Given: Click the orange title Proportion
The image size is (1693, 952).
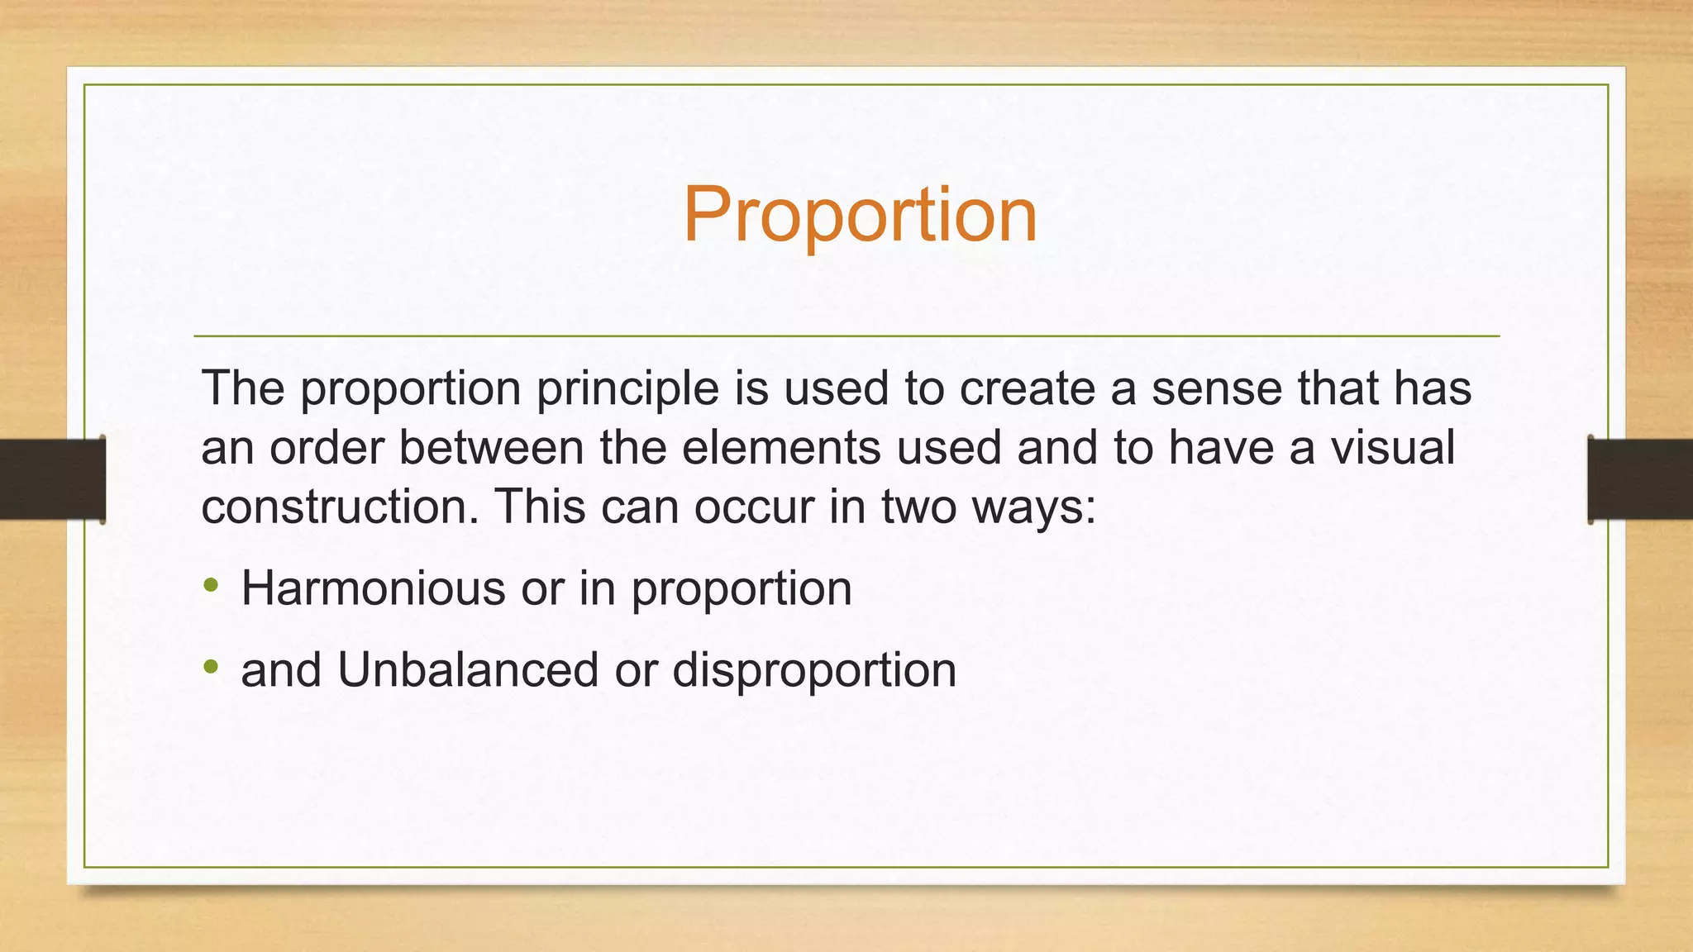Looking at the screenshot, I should click(x=860, y=215).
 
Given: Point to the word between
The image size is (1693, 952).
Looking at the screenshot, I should click(x=491, y=448).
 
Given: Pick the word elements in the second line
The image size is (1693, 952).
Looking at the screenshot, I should click(x=781, y=448).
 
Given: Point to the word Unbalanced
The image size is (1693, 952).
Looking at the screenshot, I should click(x=468, y=669).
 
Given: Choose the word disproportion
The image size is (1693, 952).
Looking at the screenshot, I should click(x=814, y=671).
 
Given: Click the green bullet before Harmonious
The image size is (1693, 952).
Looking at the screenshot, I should click(x=212, y=586).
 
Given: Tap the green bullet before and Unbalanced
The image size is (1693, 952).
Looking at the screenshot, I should click(x=212, y=666).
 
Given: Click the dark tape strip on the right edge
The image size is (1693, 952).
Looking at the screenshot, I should click(x=1640, y=479).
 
